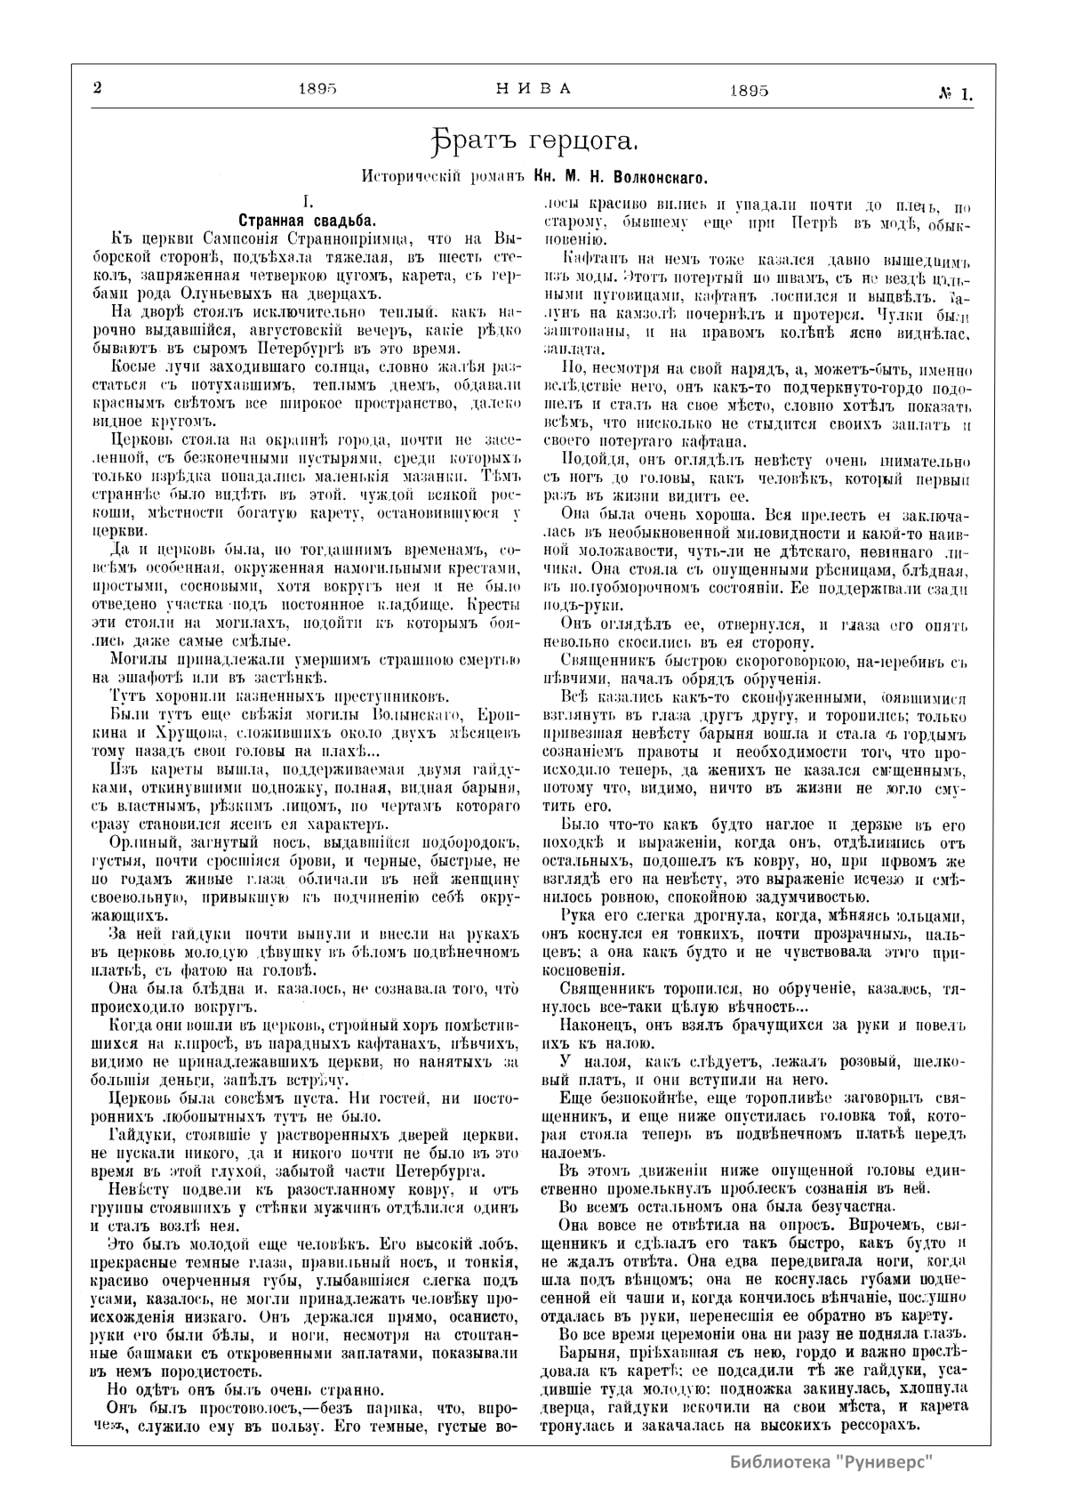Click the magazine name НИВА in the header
click(533, 88)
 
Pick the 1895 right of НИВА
click(749, 90)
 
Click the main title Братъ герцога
click(532, 140)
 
